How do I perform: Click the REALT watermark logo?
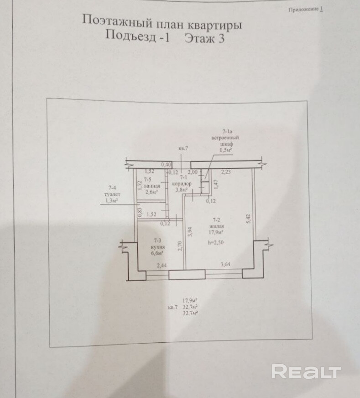click(x=306, y=372)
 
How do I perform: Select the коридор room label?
click(x=181, y=183)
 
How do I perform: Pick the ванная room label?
click(x=151, y=186)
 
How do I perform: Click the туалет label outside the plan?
click(x=111, y=193)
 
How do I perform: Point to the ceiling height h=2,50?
click(x=216, y=242)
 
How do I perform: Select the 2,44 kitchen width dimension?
click(x=162, y=266)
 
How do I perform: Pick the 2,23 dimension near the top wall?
click(x=226, y=172)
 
